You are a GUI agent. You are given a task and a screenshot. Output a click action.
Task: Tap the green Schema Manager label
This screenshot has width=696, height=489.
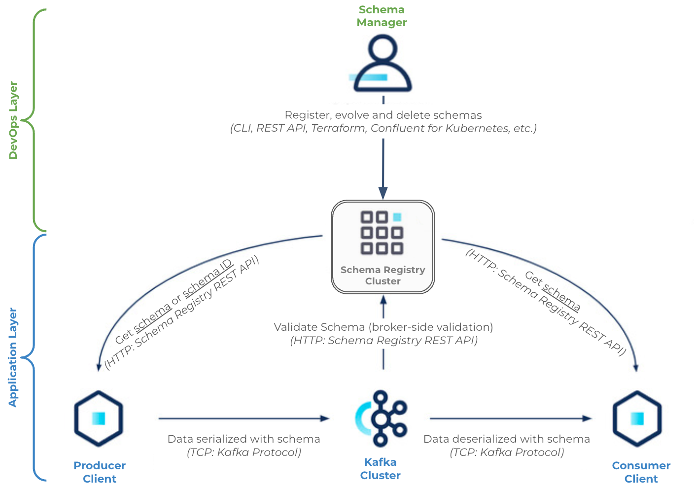(x=382, y=16)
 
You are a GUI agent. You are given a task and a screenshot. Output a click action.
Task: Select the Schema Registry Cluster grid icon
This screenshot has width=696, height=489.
(x=382, y=233)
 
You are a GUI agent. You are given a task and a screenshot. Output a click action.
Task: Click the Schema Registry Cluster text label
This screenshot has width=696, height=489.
(x=383, y=276)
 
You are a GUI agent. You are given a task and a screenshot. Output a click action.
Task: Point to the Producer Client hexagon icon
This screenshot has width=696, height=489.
(x=99, y=419)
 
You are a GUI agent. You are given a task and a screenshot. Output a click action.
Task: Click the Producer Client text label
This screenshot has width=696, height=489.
(x=100, y=472)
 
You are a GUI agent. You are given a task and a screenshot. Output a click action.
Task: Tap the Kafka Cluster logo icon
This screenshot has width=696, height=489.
(x=381, y=419)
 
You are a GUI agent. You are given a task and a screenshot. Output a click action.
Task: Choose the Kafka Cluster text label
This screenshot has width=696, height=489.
(x=380, y=469)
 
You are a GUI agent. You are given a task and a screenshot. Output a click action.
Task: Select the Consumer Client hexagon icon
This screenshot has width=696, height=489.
(x=637, y=419)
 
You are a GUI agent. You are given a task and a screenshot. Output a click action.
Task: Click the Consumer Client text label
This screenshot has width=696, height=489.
(x=641, y=472)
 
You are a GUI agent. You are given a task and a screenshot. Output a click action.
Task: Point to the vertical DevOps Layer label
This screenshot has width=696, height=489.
(x=13, y=120)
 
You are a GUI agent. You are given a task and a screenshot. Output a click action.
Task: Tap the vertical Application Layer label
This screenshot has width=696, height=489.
(x=13, y=357)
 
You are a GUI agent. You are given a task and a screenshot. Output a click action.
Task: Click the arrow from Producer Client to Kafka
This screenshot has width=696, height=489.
(x=244, y=419)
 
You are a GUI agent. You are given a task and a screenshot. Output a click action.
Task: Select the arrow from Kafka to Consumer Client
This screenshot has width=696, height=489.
(x=510, y=419)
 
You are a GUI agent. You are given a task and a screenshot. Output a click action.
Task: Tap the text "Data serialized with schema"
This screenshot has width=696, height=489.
(x=244, y=439)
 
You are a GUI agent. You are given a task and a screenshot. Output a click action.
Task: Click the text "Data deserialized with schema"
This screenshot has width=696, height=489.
(x=506, y=439)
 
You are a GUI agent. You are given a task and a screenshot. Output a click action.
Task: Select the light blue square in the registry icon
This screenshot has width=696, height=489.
(x=397, y=217)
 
